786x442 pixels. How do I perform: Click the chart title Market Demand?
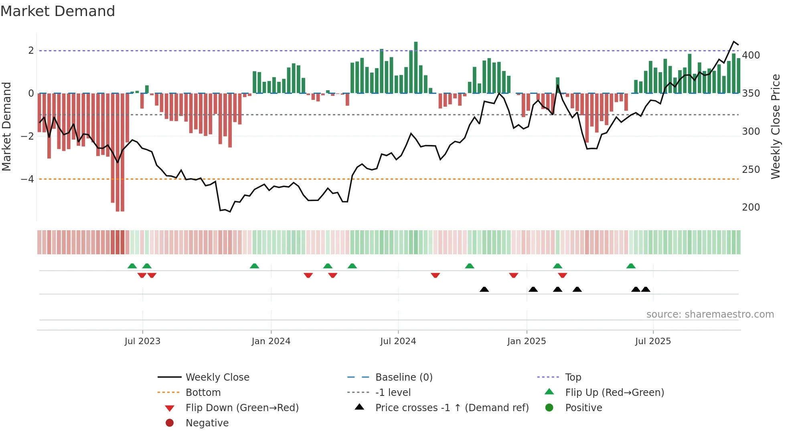[x=58, y=11]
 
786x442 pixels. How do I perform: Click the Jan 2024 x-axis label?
[x=271, y=341]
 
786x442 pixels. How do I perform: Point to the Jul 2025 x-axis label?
[x=652, y=341]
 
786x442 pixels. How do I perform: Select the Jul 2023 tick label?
[x=142, y=341]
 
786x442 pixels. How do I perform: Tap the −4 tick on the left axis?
[x=28, y=179]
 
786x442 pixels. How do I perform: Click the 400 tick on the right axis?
[x=751, y=55]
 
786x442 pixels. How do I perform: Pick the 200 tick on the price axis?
[x=751, y=207]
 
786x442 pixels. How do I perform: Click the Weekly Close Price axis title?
[x=776, y=126]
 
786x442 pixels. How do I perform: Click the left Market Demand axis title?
[x=6, y=126]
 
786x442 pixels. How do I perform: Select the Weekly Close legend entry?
[x=217, y=377]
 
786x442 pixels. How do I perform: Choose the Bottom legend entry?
[x=203, y=393]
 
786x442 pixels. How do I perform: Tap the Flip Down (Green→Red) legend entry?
[x=242, y=408]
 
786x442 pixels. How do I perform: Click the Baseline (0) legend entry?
[x=403, y=377]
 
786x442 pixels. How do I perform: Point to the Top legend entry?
[x=573, y=377]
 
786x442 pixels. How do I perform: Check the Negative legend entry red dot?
[x=170, y=423]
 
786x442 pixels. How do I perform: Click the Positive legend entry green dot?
[x=549, y=408]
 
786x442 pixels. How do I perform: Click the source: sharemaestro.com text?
[x=710, y=314]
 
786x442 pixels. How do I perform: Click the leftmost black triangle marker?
[x=484, y=290]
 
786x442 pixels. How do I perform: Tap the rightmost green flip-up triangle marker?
[x=631, y=266]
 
